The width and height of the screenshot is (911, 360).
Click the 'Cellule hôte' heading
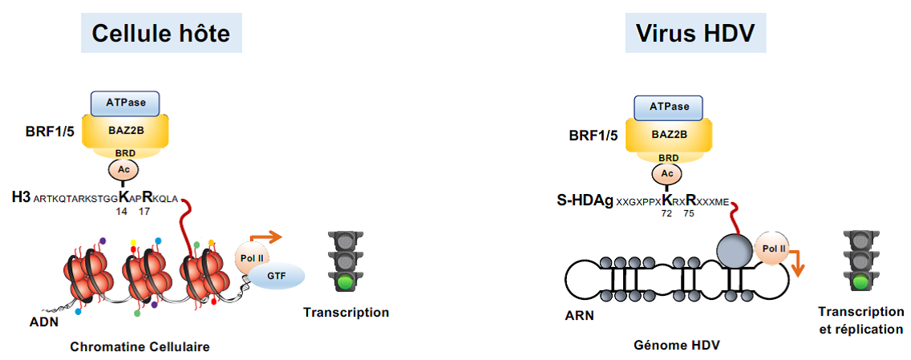point(161,33)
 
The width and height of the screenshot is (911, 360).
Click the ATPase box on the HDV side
point(668,107)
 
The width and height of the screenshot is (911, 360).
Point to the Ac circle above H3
point(123,170)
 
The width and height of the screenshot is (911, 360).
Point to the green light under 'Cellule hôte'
point(346,281)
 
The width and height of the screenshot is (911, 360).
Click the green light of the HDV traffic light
point(861,281)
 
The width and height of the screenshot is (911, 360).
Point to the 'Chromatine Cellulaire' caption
point(140,346)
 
